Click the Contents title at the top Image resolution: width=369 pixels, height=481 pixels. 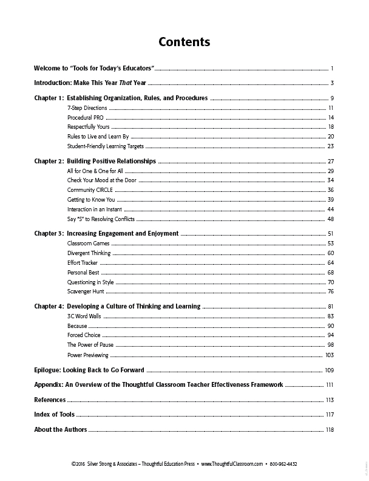[184, 42]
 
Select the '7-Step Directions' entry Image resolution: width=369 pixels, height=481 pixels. [87, 107]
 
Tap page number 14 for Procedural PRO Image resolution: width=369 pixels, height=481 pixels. [331, 117]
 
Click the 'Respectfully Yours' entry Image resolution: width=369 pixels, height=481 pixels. [88, 126]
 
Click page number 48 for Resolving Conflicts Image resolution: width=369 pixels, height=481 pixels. [331, 219]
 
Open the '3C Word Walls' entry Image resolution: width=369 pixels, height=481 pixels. [84, 316]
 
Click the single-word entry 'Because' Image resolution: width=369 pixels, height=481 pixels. [77, 326]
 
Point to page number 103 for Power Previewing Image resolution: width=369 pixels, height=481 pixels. [330, 354]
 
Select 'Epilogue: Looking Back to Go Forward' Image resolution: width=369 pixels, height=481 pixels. [89, 369]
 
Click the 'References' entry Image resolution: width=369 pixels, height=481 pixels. [50, 400]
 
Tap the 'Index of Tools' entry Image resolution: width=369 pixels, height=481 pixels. [55, 414]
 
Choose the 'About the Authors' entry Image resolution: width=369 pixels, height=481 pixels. [61, 429]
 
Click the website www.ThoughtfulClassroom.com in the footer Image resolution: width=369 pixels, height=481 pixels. [231, 463]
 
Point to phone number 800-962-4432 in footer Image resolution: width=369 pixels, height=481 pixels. [284, 463]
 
